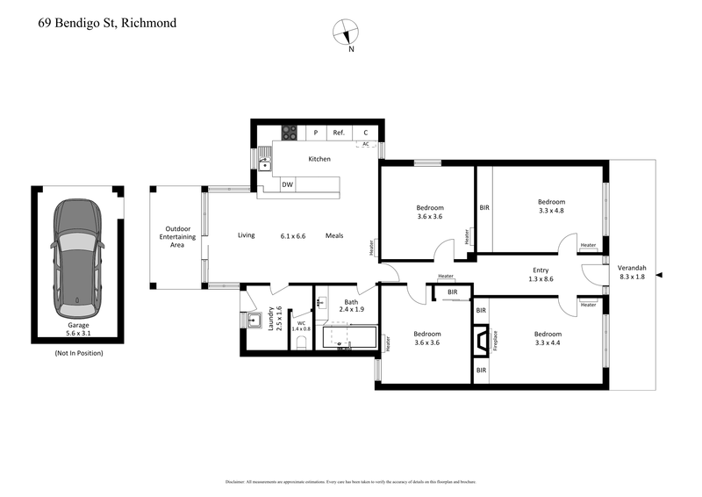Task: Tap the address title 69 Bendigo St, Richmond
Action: (x=107, y=22)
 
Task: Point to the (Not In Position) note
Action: (x=78, y=353)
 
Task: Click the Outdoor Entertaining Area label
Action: (x=175, y=238)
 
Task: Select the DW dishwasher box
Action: (x=287, y=184)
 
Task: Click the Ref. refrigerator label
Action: (x=339, y=133)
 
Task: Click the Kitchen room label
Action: (x=319, y=159)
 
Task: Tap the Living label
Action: (x=247, y=235)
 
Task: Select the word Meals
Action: (x=334, y=235)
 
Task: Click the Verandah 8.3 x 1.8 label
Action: (x=633, y=271)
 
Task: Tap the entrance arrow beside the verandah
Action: (x=660, y=276)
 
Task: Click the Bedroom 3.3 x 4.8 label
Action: (x=551, y=206)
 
